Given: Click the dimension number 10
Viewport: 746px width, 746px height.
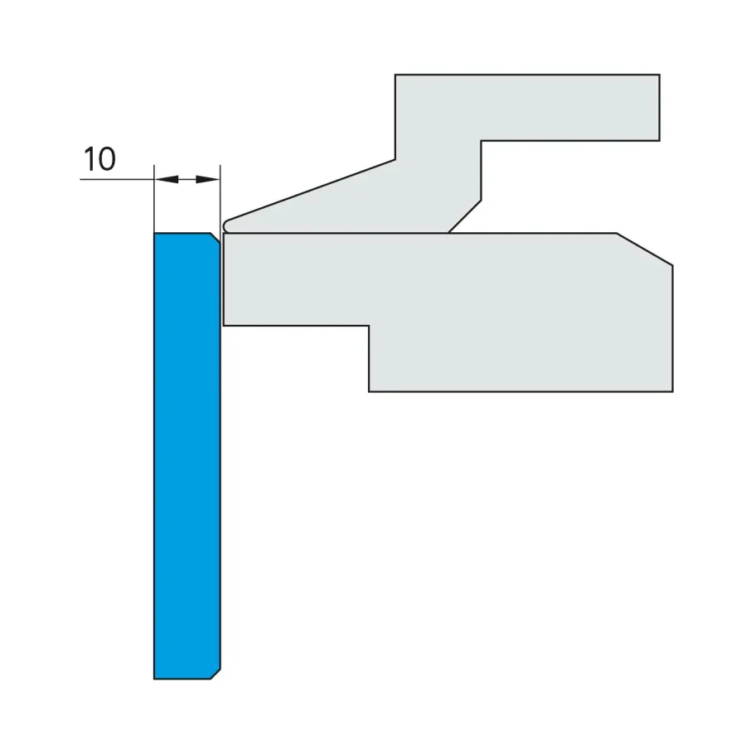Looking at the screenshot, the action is click(x=99, y=159).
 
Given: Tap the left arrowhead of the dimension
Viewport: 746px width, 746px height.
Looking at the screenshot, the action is click(x=167, y=179).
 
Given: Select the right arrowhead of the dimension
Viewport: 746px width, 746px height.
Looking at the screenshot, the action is click(x=208, y=179).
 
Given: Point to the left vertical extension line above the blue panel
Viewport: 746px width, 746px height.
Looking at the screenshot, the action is click(x=154, y=199).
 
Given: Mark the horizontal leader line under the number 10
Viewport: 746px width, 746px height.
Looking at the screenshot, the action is click(x=117, y=179).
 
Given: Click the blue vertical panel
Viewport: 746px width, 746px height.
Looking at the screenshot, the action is click(x=187, y=456).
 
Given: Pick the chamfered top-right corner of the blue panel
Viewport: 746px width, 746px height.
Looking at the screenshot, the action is click(x=216, y=238).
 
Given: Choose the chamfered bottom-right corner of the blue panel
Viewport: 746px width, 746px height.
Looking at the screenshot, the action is click(x=216, y=674).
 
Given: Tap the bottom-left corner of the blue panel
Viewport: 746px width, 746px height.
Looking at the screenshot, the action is click(x=154, y=679).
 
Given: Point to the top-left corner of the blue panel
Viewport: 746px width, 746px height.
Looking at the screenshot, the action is click(x=154, y=233).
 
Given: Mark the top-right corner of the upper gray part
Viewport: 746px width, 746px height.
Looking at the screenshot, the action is click(x=660, y=75).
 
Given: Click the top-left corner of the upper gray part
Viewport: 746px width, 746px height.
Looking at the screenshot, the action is click(x=395, y=75).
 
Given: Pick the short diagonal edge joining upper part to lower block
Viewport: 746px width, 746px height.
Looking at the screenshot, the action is click(x=465, y=216).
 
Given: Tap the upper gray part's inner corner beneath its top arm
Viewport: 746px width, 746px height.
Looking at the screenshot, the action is click(x=481, y=141).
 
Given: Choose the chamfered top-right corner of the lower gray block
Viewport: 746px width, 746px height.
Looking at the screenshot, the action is click(x=645, y=249).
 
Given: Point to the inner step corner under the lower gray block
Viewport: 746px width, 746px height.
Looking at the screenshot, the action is click(x=369, y=326).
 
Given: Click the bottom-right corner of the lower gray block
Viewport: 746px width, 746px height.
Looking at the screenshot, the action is click(x=673, y=391).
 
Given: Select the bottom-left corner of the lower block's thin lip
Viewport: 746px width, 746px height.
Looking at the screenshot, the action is click(x=224, y=326).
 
